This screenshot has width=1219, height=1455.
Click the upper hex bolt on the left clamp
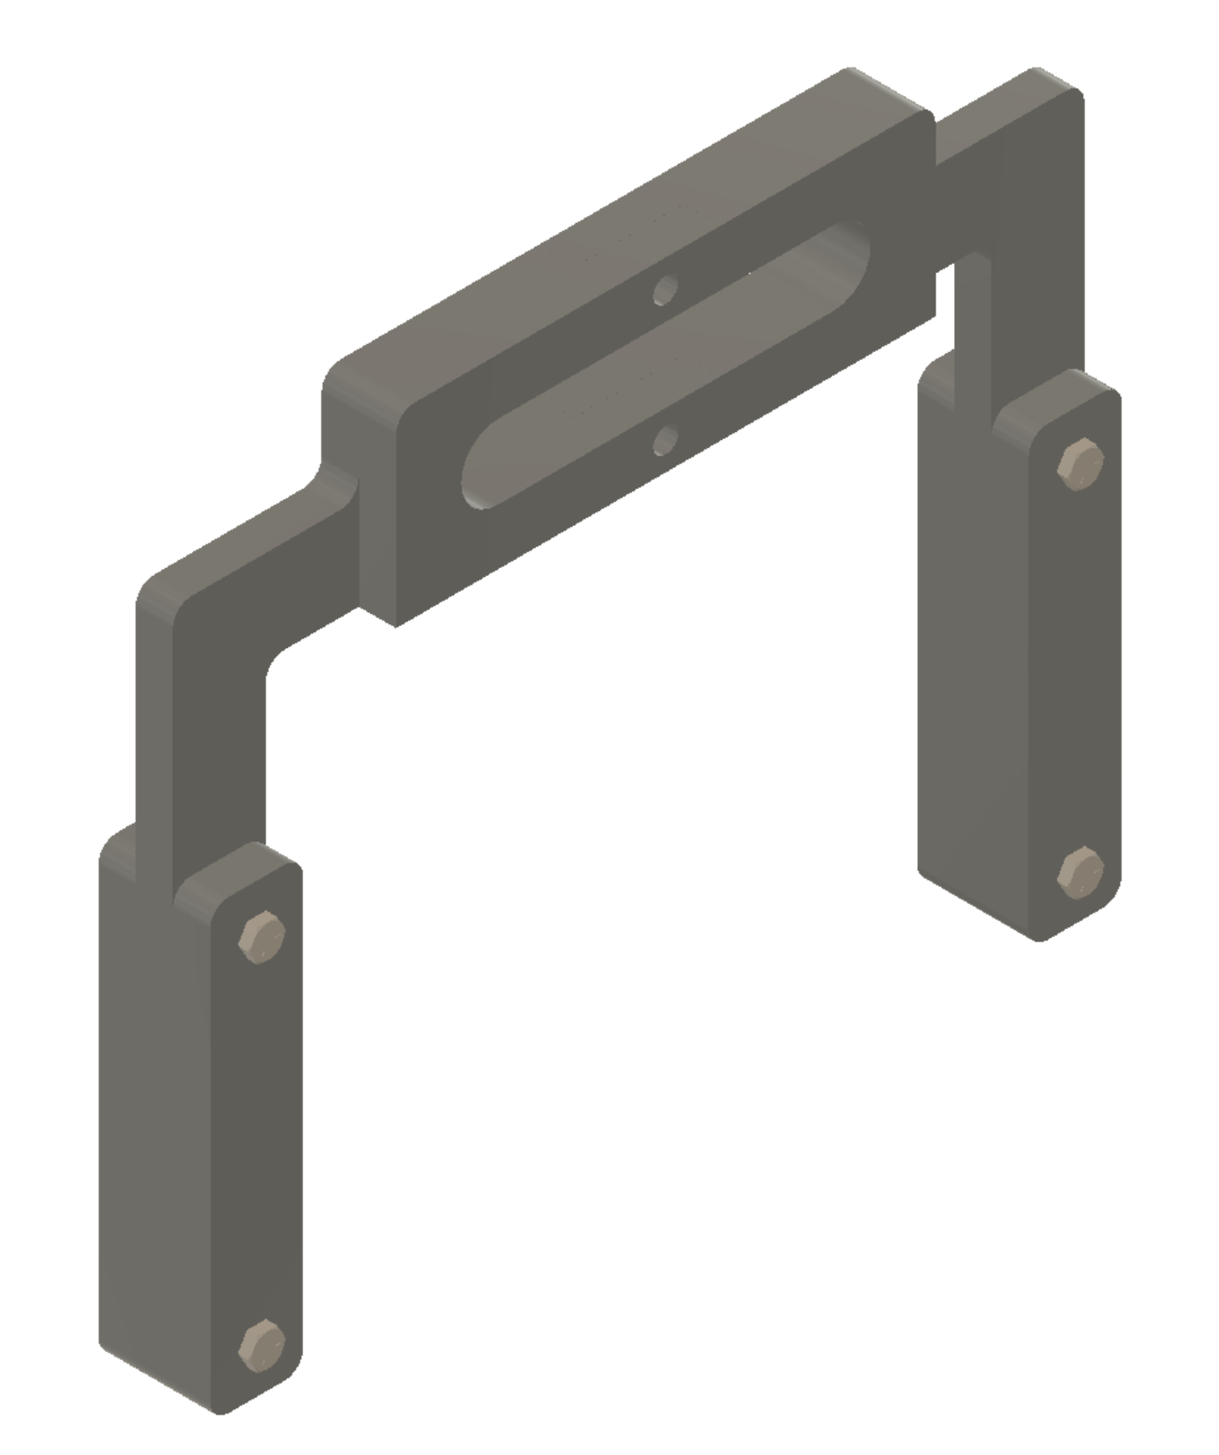[262, 937]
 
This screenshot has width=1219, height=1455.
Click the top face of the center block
[614, 228]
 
